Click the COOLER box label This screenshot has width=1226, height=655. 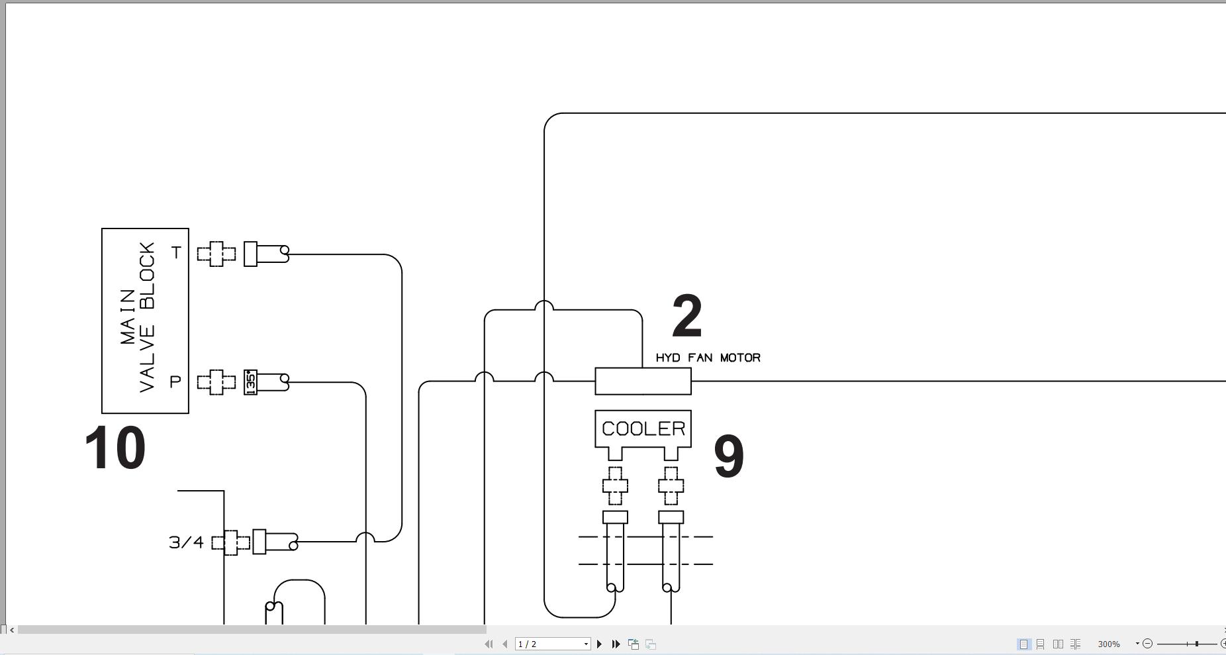(x=643, y=428)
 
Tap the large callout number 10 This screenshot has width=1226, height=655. (x=115, y=449)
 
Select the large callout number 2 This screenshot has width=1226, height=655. (x=686, y=317)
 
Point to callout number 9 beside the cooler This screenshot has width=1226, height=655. (x=728, y=457)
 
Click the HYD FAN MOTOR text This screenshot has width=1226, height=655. (x=708, y=358)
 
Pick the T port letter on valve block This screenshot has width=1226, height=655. (x=176, y=253)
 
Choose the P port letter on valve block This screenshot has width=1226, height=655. (x=175, y=382)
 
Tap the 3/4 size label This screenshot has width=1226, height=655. (x=186, y=542)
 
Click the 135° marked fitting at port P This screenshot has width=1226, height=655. (x=250, y=382)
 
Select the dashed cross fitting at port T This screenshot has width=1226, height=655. (x=216, y=254)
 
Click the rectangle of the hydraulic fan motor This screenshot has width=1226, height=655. (x=643, y=381)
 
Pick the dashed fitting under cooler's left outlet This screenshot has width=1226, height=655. (x=615, y=485)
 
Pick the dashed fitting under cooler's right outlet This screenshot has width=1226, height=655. (x=671, y=485)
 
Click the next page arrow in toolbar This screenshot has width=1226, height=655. (x=600, y=644)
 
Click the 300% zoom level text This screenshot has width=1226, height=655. (x=1109, y=644)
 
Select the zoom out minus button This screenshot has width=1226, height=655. (x=1148, y=643)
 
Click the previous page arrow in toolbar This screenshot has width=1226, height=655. (x=505, y=644)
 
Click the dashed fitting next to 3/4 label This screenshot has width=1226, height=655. (x=230, y=542)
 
